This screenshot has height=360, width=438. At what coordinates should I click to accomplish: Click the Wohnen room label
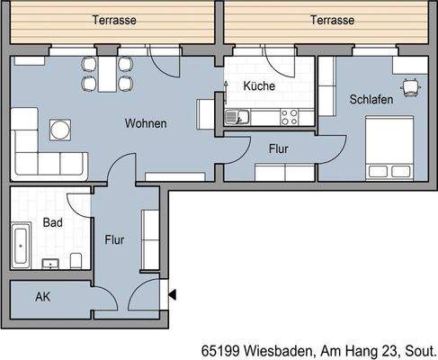[146, 123]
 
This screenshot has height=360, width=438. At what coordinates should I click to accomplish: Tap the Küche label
[258, 86]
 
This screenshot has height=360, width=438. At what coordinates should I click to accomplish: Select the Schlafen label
[371, 101]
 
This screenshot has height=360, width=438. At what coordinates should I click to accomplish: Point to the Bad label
[52, 221]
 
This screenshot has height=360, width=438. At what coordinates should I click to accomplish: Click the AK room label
[42, 296]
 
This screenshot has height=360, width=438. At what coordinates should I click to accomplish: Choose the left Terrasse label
[114, 20]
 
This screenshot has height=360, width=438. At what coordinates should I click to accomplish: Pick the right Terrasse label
[331, 20]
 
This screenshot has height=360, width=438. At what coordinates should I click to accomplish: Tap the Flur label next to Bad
[114, 240]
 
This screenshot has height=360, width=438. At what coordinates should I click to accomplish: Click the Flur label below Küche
[278, 148]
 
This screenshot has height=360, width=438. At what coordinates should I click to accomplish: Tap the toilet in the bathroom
[78, 259]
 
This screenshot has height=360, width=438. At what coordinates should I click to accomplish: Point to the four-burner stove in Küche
[290, 115]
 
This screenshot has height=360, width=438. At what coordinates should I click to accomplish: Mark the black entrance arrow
[173, 293]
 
